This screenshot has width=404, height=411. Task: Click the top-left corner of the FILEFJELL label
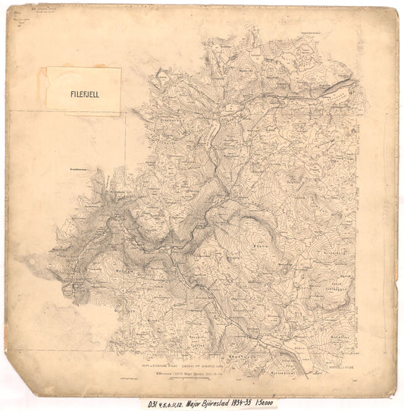[x=47, y=67]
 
